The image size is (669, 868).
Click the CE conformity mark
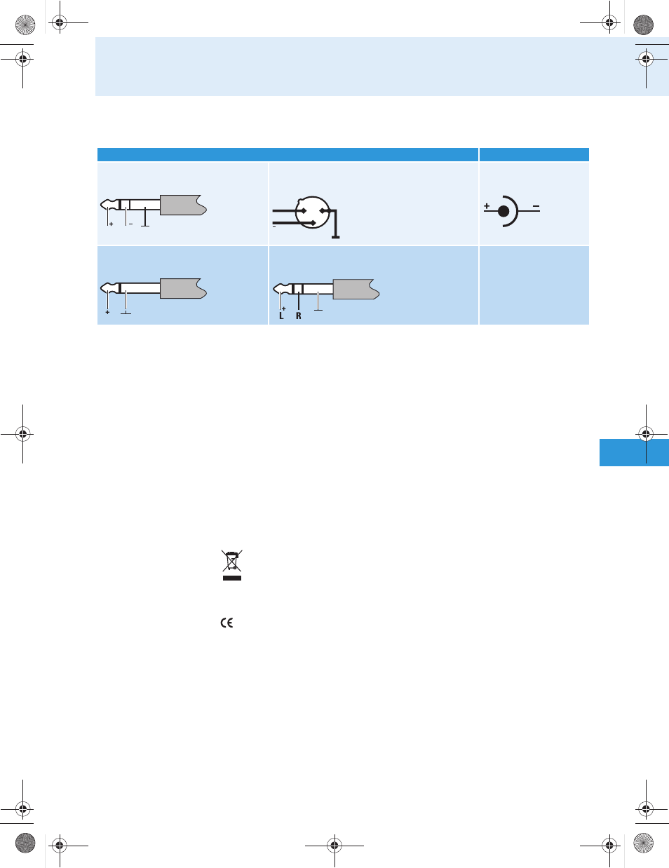[x=227, y=623]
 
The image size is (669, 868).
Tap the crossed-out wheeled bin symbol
[x=231, y=560]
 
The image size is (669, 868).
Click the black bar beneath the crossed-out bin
[x=232, y=578]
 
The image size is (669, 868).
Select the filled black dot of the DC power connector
[x=504, y=211]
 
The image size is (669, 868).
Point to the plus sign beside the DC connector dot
[x=487, y=205]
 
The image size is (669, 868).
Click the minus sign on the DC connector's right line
[x=536, y=206]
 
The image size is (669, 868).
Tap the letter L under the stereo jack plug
[x=281, y=316]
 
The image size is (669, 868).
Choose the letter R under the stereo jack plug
[x=298, y=316]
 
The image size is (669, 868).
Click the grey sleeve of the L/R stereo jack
[x=356, y=289]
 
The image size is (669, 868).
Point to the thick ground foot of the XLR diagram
[x=335, y=237]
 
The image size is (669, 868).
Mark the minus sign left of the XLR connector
[x=274, y=227]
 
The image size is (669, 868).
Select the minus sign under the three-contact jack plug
[x=130, y=224]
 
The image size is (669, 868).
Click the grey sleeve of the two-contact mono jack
[x=183, y=288]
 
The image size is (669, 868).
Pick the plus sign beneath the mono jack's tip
[x=107, y=312]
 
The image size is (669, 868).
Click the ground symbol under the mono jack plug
[x=126, y=313]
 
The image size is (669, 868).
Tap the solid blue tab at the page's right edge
[x=634, y=452]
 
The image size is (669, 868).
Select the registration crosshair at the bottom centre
[x=334, y=845]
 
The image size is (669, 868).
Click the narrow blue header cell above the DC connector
[x=534, y=154]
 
